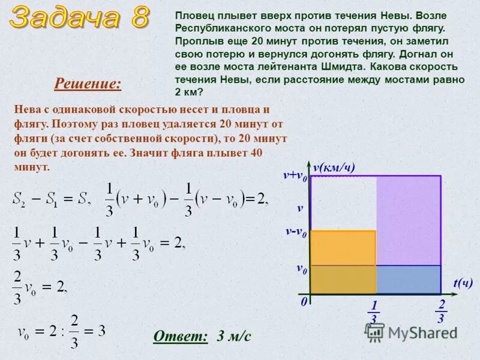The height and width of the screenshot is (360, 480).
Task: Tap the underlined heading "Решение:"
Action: pyautogui.click(x=88, y=84)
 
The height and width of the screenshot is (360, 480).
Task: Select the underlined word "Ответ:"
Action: pyautogui.click(x=180, y=336)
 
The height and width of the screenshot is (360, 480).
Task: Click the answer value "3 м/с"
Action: pyautogui.click(x=234, y=336)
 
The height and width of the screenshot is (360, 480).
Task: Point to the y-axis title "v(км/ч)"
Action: pyautogui.click(x=334, y=167)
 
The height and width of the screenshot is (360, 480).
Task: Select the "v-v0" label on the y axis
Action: pyautogui.click(x=296, y=233)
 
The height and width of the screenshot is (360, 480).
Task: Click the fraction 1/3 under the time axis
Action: pyautogui.click(x=374, y=313)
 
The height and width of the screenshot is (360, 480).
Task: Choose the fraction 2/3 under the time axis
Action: pyautogui.click(x=442, y=311)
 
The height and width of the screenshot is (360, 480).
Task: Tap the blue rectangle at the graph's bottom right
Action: pyautogui.click(x=408, y=279)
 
